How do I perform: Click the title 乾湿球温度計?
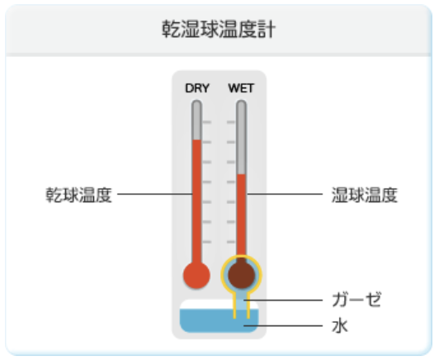219,29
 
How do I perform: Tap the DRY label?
197,88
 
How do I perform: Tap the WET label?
241,88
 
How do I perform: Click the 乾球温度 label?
78,195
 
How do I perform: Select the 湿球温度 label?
364,195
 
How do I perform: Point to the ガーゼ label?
356,300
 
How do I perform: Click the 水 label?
340,326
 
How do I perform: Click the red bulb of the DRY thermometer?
196,276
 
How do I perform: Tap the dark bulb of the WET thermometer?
241,275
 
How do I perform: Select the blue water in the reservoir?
219,320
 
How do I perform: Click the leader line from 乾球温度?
155,193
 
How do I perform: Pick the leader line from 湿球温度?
285,193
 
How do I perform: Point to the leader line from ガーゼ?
283,300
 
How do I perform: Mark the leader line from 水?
283,325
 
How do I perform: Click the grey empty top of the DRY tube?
196,121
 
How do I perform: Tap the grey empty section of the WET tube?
241,137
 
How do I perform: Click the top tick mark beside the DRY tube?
207,122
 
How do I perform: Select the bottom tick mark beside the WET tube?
231,242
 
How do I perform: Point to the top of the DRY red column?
196,140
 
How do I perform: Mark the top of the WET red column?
241,174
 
